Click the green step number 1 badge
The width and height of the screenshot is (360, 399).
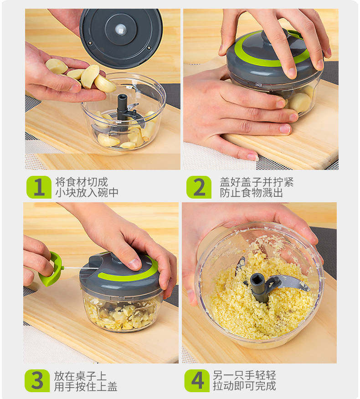[39, 187]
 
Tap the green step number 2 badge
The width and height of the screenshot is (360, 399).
[199, 187]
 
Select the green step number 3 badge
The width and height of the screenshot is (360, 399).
[37, 381]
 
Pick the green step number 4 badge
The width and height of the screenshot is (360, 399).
[197, 381]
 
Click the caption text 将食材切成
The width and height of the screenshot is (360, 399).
[82, 182]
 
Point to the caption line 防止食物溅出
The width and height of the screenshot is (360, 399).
[251, 193]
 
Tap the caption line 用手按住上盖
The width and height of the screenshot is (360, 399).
[86, 387]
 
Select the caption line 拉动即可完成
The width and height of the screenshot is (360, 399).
[244, 386]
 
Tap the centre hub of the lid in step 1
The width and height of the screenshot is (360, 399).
[121, 30]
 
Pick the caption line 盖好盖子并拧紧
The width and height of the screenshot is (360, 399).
[257, 182]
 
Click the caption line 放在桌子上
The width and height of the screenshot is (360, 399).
[80, 376]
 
